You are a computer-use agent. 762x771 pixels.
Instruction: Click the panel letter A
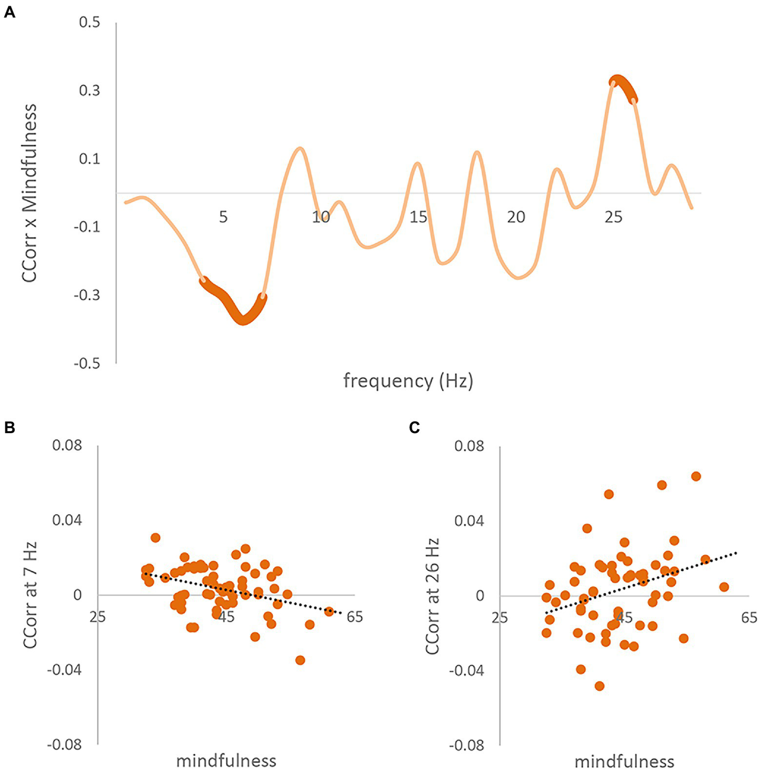9,12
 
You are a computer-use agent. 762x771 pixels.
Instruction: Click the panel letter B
9,427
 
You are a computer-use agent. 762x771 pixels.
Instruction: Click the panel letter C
414,427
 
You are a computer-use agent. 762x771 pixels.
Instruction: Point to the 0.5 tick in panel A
89,22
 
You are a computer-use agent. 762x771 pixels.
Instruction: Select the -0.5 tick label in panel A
86,364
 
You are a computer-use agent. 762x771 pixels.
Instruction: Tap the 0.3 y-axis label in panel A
89,90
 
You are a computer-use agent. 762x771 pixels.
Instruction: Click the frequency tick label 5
223,217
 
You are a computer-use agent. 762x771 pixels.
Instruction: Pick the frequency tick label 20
516,217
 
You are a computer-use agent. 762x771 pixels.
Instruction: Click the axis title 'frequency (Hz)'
408,381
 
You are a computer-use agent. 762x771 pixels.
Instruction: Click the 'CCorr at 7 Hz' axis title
30,595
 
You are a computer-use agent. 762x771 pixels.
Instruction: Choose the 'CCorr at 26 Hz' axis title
432,596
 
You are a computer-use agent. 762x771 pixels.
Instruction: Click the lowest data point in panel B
300,660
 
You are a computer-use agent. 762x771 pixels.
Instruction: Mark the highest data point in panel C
696,476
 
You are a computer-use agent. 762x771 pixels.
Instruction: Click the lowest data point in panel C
599,686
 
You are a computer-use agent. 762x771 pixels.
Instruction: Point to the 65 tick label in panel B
354,617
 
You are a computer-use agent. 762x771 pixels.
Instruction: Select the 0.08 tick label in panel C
469,446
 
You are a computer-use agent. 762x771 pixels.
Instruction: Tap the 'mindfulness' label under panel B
226,761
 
